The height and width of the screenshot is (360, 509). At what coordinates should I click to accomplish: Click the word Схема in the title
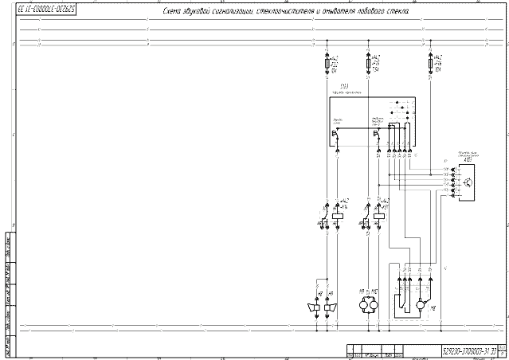[x=174, y=14]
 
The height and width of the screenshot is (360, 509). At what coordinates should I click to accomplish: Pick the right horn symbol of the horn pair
[x=327, y=307]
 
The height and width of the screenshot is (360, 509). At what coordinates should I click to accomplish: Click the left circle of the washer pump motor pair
[x=366, y=305]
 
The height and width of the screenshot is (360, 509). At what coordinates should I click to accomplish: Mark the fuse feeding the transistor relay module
[x=431, y=63]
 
